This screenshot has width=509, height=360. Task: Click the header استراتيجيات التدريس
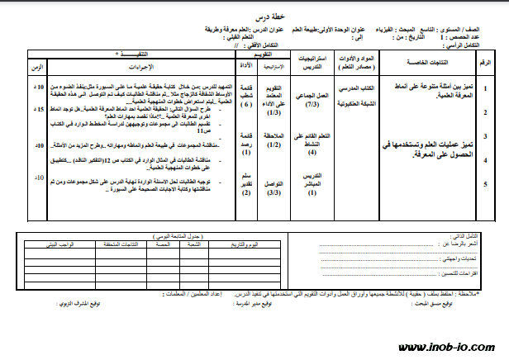(x=312, y=64)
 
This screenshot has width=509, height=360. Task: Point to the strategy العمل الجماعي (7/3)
(x=312, y=100)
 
